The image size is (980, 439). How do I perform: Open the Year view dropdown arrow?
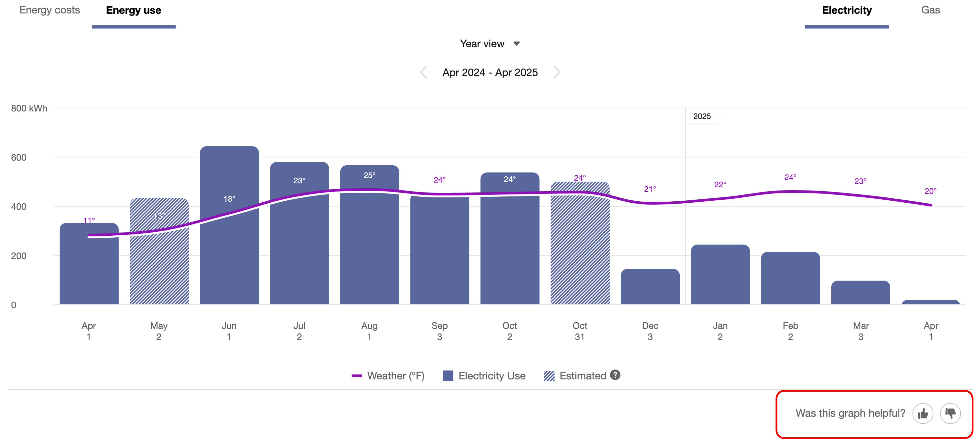(x=516, y=44)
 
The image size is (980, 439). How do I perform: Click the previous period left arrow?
(x=424, y=72)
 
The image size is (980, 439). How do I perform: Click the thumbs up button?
(x=923, y=413)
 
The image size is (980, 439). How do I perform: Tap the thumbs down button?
(x=950, y=413)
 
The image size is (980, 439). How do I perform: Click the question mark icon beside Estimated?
(x=615, y=375)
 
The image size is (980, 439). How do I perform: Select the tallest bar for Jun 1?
(x=229, y=247)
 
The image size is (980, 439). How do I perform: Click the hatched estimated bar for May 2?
(x=159, y=267)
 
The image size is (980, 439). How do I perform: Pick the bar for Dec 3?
(x=650, y=288)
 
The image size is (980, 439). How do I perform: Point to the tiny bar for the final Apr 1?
(x=931, y=302)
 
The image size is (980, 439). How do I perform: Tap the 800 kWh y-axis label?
(x=29, y=109)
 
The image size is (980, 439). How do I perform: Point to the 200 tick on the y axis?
(x=19, y=256)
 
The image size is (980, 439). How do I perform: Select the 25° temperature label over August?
(x=369, y=175)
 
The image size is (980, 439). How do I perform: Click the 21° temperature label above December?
(x=650, y=189)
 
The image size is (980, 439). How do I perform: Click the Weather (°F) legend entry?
(x=388, y=376)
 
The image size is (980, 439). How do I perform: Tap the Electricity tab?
(x=847, y=10)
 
